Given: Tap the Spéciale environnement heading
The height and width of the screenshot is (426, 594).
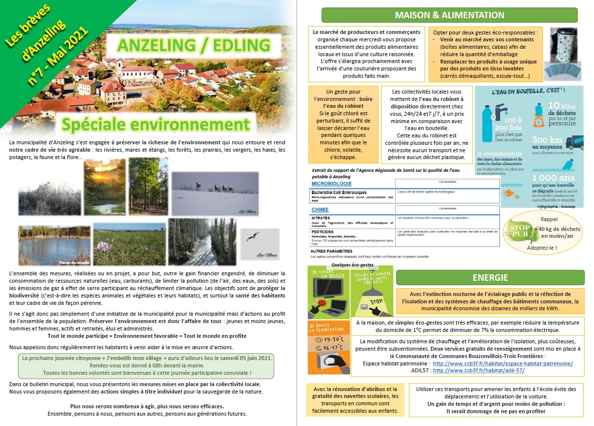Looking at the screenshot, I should click(x=156, y=123).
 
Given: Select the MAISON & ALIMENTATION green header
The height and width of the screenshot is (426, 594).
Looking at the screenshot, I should click(x=449, y=15).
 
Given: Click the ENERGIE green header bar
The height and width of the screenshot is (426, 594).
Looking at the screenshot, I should click(x=490, y=277).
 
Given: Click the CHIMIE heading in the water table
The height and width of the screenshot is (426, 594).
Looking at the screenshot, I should click(x=320, y=209).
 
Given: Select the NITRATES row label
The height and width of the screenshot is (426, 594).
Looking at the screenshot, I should click(x=321, y=218).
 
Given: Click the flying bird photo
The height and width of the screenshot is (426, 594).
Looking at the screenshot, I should click(x=260, y=244).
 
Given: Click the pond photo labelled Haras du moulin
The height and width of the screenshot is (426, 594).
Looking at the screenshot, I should click(x=54, y=245).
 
